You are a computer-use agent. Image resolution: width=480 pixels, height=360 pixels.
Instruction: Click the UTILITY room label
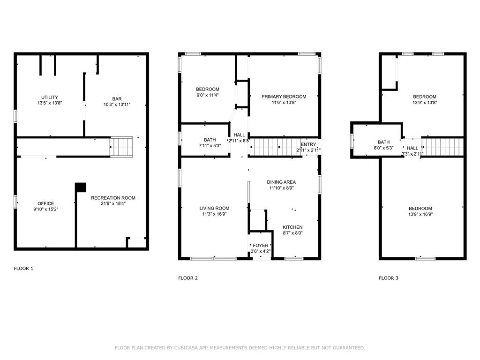pyautogui.click(x=50, y=97)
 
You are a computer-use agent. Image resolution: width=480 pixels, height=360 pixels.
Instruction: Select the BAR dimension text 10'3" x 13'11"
pyautogui.click(x=117, y=105)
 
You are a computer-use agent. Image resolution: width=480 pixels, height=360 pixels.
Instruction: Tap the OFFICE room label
pyautogui.click(x=45, y=203)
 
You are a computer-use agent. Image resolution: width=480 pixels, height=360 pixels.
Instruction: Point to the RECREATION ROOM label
pyautogui.click(x=113, y=198)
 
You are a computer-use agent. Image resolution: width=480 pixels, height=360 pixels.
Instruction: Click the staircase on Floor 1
pyautogui.click(x=121, y=146)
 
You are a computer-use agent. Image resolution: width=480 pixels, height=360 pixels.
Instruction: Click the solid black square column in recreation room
pyautogui.click(x=81, y=187)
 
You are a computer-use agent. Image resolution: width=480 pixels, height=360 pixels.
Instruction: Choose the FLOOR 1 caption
pyautogui.click(x=23, y=269)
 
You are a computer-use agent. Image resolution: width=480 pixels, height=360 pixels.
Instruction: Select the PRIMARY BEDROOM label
pyautogui.click(x=284, y=97)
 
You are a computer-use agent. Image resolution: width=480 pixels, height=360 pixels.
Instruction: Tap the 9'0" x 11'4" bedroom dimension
pyautogui.click(x=207, y=95)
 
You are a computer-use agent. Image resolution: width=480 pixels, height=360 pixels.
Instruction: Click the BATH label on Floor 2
pyautogui.click(x=210, y=140)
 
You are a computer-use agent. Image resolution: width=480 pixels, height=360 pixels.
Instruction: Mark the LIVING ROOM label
pyautogui.click(x=214, y=208)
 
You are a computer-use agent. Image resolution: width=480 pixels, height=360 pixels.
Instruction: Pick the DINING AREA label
pyautogui.click(x=281, y=182)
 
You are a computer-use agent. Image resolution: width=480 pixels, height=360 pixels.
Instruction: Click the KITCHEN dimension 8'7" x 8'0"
pyautogui.click(x=292, y=233)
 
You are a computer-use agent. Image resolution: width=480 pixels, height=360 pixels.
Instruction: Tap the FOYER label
pyautogui.click(x=261, y=245)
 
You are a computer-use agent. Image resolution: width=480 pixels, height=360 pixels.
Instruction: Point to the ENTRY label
pyautogui.click(x=308, y=144)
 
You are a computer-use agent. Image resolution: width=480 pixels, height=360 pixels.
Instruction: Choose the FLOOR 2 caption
pyautogui.click(x=187, y=278)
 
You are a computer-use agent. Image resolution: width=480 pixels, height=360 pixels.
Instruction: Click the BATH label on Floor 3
pyautogui.click(x=383, y=142)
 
